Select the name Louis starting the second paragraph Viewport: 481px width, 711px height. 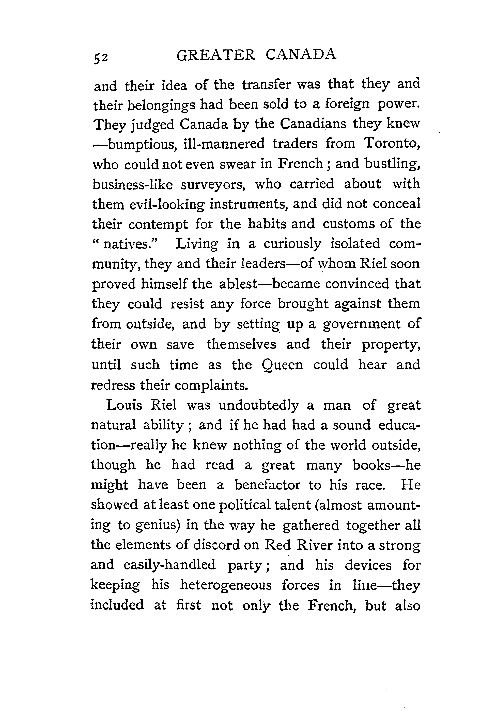click(124, 405)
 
